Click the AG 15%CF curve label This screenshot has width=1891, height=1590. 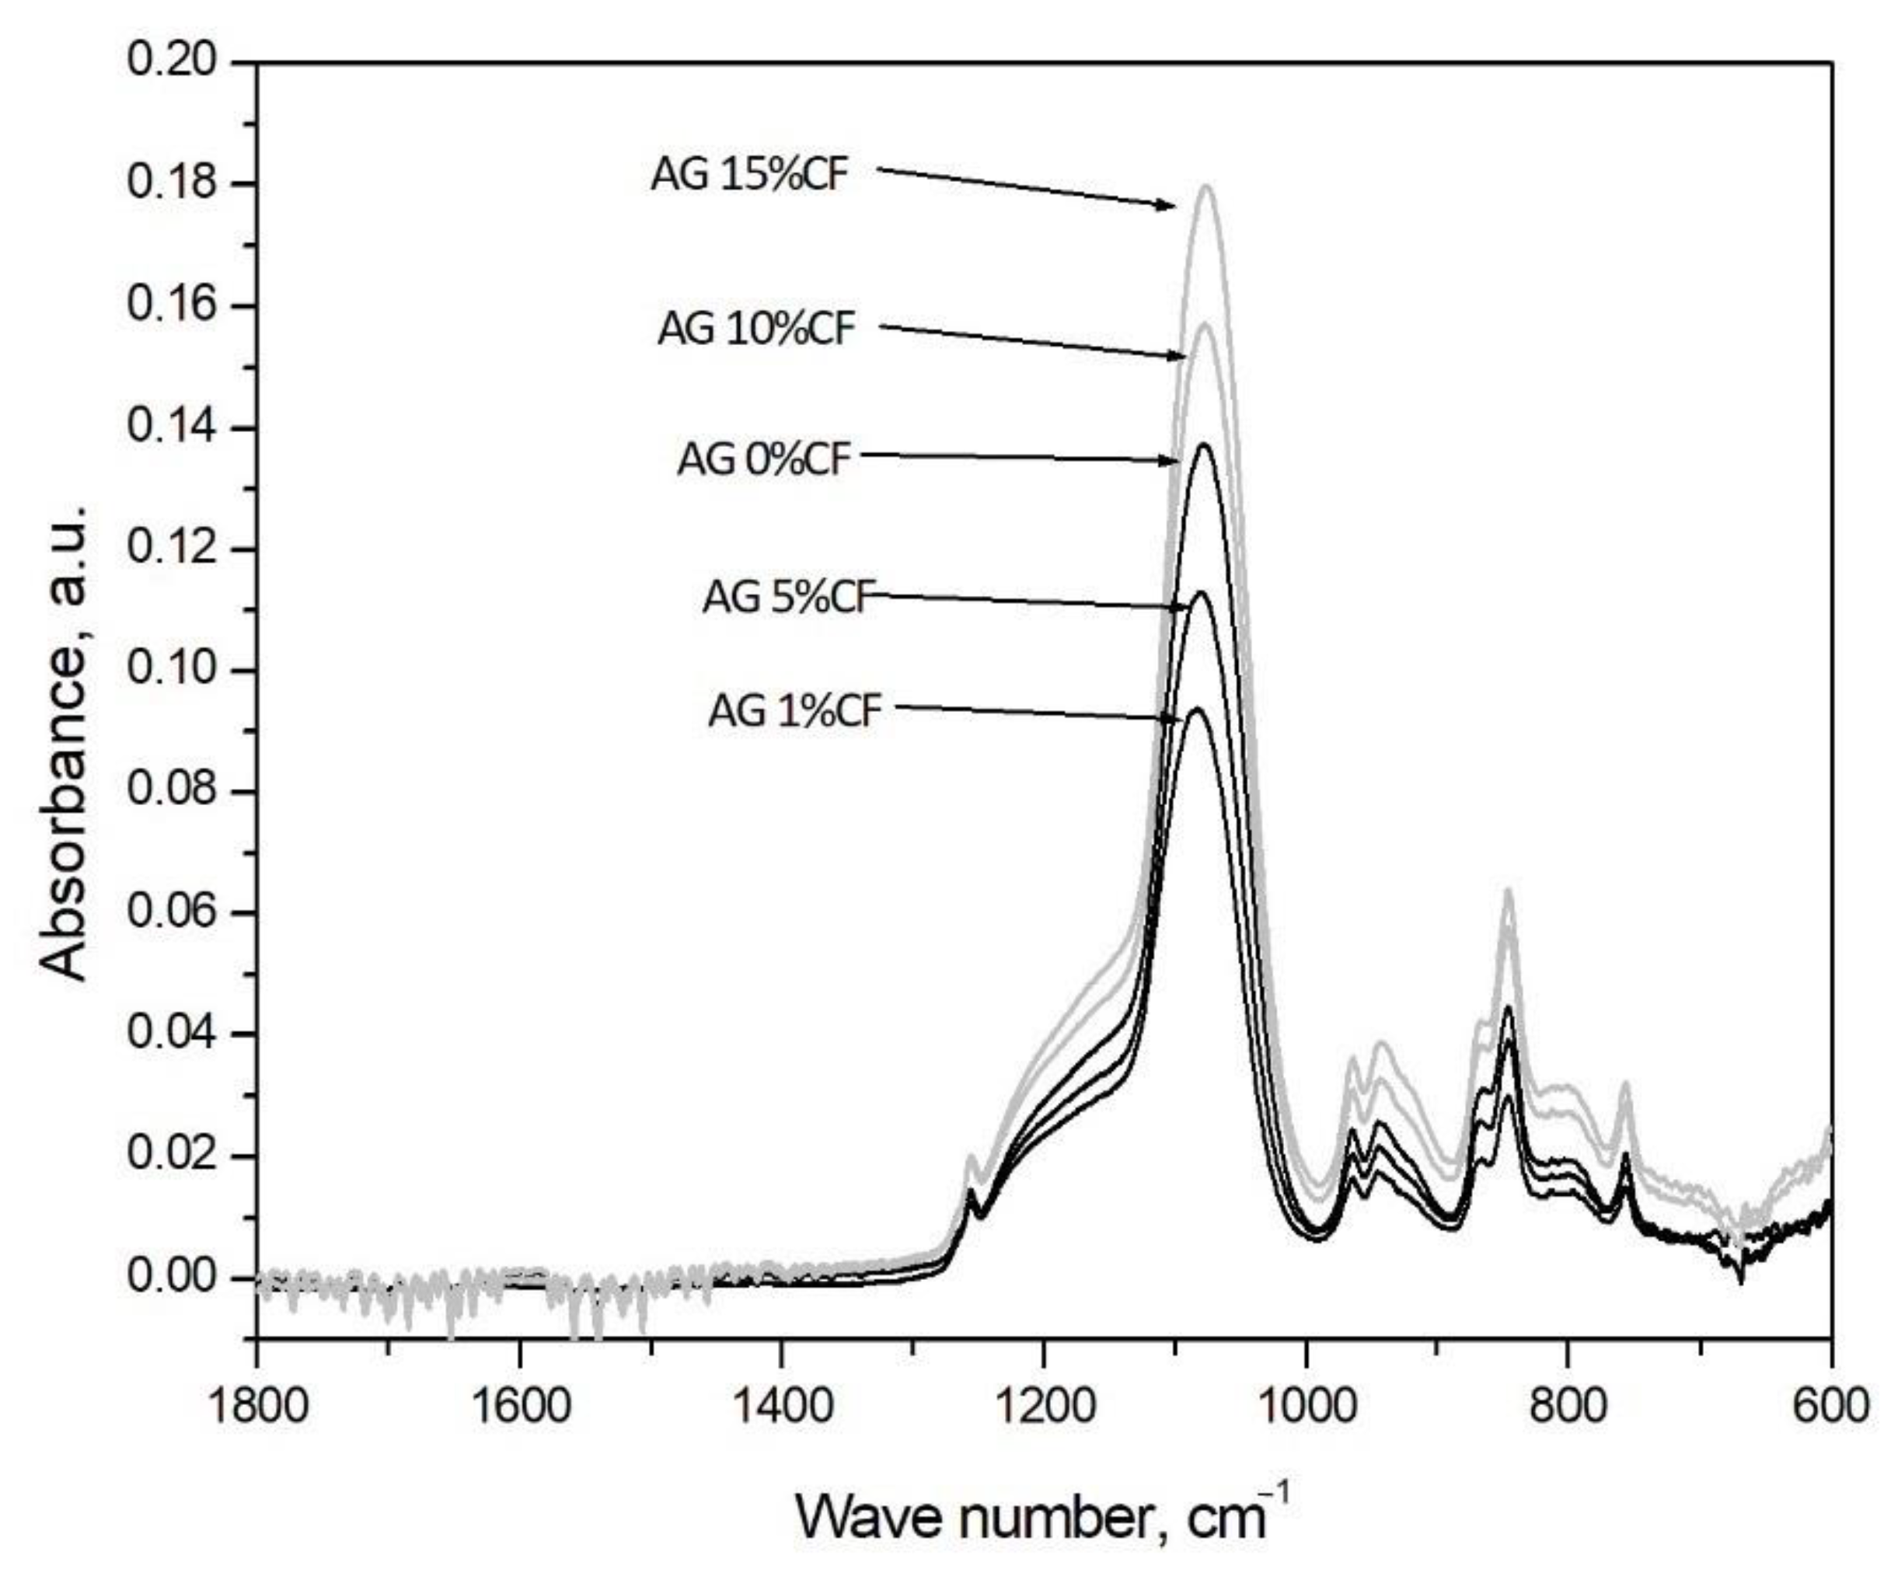point(750,175)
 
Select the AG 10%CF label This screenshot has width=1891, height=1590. point(756,329)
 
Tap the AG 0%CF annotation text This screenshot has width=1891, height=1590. point(764,459)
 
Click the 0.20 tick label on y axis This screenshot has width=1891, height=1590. point(172,61)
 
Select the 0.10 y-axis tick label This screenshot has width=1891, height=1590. point(172,671)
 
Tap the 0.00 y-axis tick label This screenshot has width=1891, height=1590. point(172,1278)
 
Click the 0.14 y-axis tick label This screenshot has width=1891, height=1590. point(172,427)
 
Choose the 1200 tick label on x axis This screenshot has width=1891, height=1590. point(1044,1405)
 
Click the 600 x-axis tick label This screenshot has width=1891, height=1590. point(1830,1405)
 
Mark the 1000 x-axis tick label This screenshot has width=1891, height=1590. point(1306,1405)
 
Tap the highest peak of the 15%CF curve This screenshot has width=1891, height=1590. point(1206,186)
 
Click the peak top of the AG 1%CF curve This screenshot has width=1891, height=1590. point(1197,709)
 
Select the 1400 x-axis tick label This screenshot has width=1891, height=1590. point(781,1405)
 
